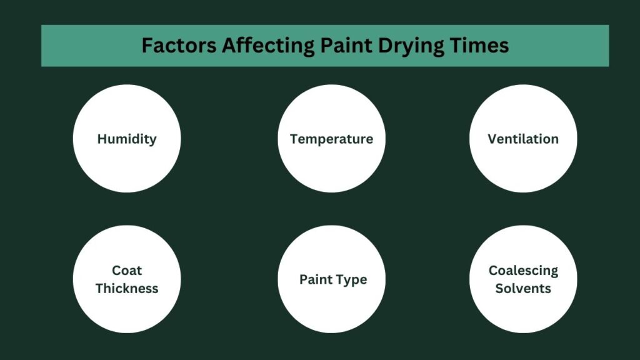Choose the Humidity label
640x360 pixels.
click(127, 139)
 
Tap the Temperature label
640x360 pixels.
click(331, 139)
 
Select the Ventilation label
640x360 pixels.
click(523, 139)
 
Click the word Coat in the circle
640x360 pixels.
click(127, 271)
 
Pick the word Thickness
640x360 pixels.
click(127, 288)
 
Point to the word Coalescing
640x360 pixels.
click(523, 271)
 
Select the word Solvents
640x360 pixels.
click(523, 288)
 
